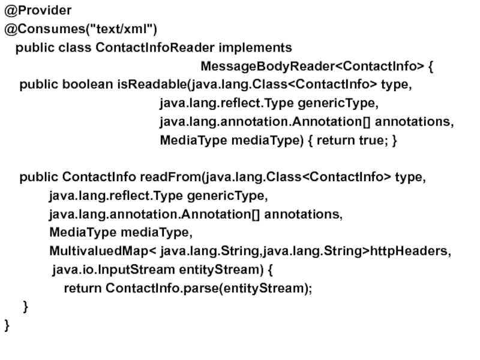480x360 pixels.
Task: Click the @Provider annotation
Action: [38, 10]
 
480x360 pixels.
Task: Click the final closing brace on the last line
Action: [7, 326]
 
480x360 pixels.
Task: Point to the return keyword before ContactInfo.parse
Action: [83, 288]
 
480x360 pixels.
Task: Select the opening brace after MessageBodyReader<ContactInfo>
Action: [432, 65]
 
